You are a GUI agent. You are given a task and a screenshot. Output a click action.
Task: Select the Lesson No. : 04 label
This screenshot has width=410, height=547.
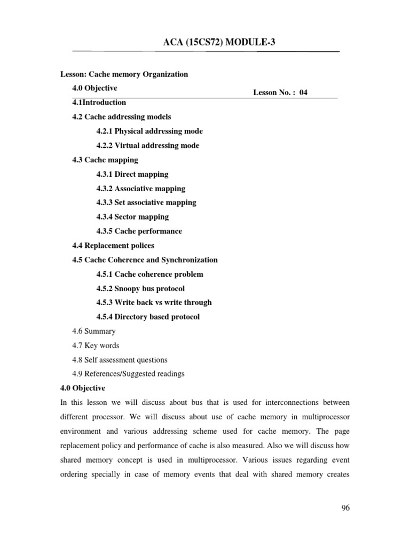(x=280, y=92)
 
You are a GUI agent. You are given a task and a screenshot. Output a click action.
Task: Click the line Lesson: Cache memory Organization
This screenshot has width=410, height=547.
(x=123, y=74)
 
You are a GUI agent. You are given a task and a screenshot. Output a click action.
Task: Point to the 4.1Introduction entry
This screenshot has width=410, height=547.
(x=99, y=103)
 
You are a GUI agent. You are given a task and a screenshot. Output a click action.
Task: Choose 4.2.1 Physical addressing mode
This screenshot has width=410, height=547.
(x=149, y=131)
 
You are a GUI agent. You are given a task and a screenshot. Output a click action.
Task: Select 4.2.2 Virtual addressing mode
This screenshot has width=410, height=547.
(x=148, y=145)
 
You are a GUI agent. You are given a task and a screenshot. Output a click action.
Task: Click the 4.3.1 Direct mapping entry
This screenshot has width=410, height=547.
(x=132, y=174)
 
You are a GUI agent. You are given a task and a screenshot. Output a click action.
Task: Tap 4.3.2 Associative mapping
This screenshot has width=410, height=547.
(x=141, y=189)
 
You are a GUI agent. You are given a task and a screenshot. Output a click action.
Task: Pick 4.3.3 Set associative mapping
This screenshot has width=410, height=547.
(x=146, y=202)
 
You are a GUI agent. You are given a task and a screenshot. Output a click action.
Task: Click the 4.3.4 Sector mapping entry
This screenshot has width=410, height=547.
(x=132, y=217)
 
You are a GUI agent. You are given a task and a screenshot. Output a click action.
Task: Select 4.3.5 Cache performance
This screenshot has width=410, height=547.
(x=139, y=231)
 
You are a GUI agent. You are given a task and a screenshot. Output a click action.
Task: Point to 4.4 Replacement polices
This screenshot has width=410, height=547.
(x=113, y=246)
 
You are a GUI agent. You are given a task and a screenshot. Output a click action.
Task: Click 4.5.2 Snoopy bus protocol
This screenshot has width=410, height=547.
(x=140, y=288)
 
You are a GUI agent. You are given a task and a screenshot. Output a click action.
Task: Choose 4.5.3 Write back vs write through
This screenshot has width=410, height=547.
(x=154, y=302)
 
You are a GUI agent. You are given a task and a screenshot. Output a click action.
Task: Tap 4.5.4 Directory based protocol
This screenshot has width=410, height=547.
(x=148, y=317)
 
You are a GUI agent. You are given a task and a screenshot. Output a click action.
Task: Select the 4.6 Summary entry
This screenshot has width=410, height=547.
(x=94, y=331)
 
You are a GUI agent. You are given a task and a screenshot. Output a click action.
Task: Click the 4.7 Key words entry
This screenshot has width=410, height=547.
(x=96, y=346)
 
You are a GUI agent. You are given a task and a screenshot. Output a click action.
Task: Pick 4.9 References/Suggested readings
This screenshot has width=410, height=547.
(x=128, y=374)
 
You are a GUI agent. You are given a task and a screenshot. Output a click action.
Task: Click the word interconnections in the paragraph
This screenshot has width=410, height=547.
(x=289, y=402)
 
